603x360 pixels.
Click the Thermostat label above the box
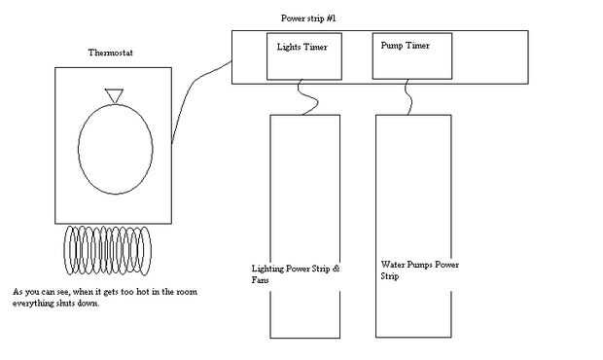[110, 53]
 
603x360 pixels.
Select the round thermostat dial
[79, 148]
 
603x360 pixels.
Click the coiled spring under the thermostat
[108, 250]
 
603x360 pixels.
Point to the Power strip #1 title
[308, 18]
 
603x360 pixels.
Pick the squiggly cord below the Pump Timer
[410, 98]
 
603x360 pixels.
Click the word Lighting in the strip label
[267, 269]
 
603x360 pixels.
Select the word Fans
[260, 280]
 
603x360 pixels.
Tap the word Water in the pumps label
[392, 265]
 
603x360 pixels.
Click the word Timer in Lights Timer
[315, 47]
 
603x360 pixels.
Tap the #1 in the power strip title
[332, 18]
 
